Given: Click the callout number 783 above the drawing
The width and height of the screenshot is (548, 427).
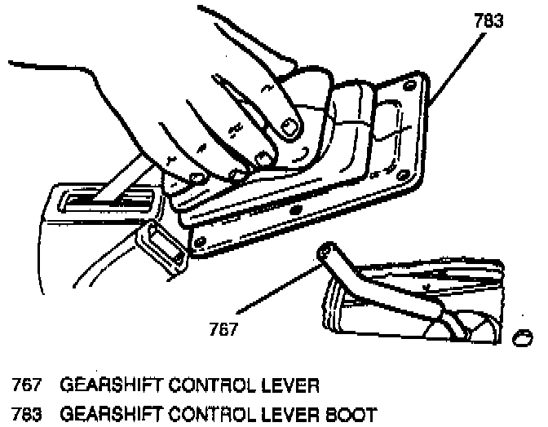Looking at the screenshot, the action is click(x=488, y=22).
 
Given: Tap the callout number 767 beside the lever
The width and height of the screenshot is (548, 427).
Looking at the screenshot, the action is click(x=223, y=329).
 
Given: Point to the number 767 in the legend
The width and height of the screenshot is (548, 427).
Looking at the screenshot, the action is click(x=25, y=383).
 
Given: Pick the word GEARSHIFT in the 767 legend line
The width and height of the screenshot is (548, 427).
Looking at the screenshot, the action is click(x=101, y=383).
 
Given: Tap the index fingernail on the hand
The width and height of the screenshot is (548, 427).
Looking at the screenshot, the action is click(x=287, y=125).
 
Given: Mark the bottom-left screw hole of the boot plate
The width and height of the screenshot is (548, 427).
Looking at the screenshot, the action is click(x=201, y=240).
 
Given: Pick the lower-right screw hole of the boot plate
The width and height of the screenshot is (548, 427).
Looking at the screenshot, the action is click(x=403, y=173).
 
